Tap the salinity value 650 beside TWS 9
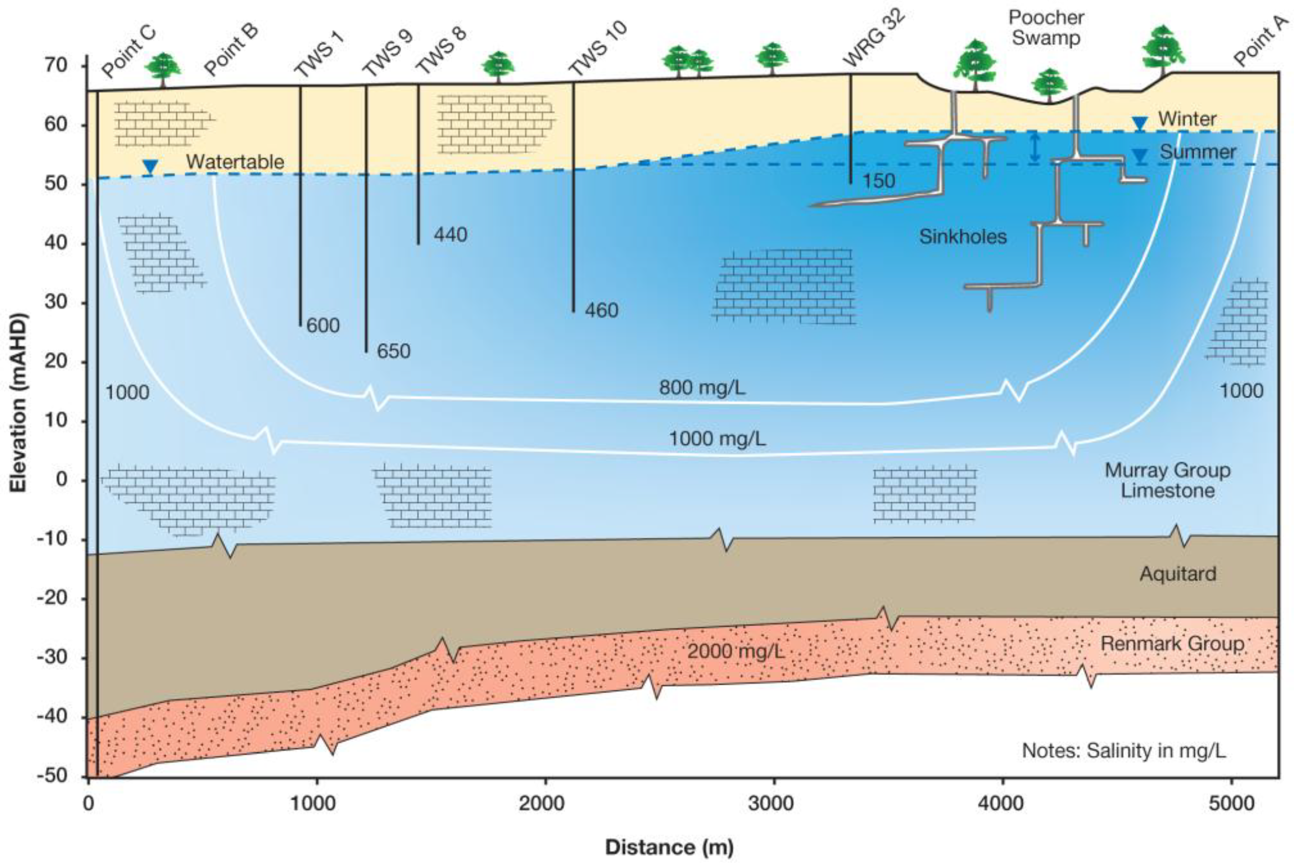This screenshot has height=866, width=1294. [x=393, y=351]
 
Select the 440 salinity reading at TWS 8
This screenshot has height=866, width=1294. [x=450, y=235]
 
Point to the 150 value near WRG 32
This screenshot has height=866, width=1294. [x=879, y=181]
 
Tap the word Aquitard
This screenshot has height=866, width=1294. [x=1177, y=574]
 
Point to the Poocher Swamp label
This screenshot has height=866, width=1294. [x=1046, y=28]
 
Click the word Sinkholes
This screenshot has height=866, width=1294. [x=962, y=237]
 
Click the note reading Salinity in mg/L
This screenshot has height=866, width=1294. [x=1124, y=751]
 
